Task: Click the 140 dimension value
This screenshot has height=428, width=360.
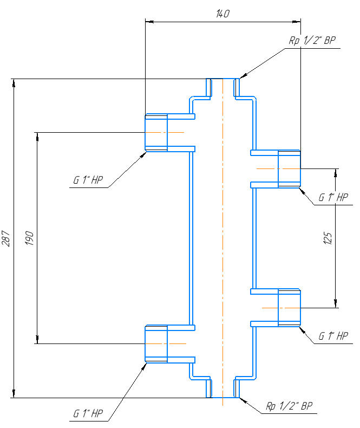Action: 222,15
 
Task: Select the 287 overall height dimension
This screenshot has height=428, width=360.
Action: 6,238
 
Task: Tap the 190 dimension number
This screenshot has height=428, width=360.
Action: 29,238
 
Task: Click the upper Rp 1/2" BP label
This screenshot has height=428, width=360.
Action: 313,41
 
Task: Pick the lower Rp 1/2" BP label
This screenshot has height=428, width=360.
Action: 289,406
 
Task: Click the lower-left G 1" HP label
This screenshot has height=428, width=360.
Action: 88,414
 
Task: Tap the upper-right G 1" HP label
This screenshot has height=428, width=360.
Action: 333,198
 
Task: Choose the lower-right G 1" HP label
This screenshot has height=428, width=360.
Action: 333,336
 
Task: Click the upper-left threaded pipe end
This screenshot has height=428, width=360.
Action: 156,133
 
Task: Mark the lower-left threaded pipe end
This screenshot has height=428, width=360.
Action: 156,343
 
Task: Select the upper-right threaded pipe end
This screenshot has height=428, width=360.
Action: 289,169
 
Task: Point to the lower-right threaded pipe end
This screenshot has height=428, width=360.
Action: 289,308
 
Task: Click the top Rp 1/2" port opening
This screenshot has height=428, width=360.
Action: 222,80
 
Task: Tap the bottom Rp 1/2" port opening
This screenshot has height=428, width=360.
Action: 222,397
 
